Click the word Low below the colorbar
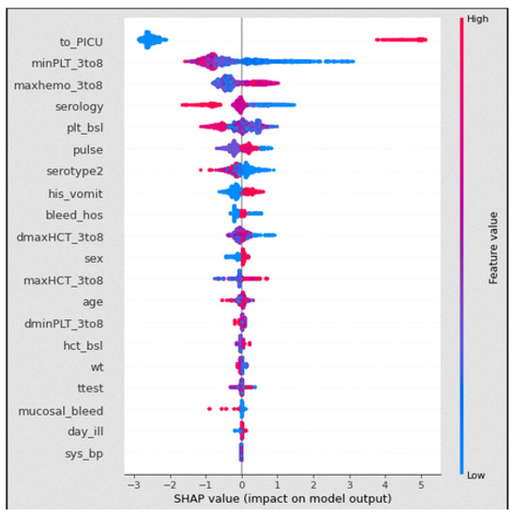point(476,476)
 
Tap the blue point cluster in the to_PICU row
point(151,39)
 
